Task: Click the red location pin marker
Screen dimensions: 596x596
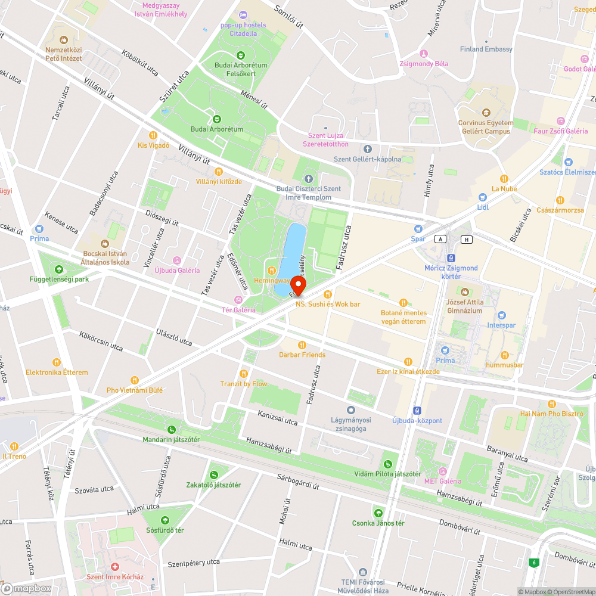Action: pos(297,285)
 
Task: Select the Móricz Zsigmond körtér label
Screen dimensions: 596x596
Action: pos(451,272)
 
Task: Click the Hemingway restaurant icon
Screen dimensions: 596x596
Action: pos(272,270)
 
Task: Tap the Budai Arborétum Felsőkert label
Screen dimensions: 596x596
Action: pos(241,69)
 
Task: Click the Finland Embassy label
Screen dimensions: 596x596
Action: pos(486,49)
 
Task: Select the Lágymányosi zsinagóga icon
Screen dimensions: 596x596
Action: pos(351,410)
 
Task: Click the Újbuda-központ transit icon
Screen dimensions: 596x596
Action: pos(418,410)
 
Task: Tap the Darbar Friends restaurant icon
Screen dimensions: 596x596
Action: pos(302,344)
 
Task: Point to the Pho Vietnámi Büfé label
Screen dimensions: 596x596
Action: pos(134,390)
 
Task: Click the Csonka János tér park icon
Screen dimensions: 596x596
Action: pos(378,513)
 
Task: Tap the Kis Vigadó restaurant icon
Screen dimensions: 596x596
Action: pos(153,135)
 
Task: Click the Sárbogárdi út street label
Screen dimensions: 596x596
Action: pos(298,482)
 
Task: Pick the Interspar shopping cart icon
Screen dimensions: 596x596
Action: pos(501,315)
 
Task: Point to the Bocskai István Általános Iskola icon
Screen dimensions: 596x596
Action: pos(105,243)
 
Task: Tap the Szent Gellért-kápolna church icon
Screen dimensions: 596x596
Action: pos(367,148)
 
